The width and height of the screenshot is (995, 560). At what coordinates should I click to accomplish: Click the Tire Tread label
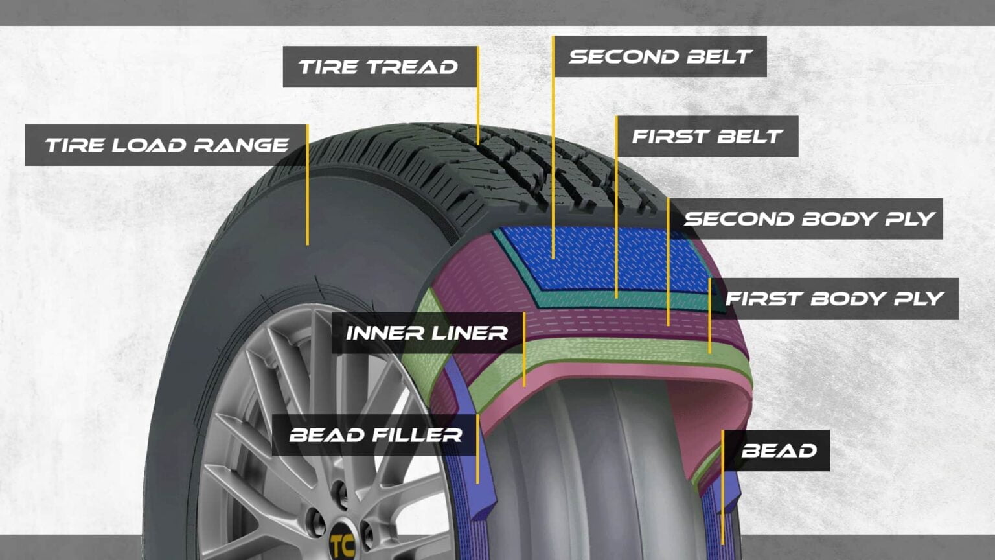[380, 67]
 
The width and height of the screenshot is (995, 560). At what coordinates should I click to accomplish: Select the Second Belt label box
[659, 56]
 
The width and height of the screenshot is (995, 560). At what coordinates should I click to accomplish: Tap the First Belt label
[707, 136]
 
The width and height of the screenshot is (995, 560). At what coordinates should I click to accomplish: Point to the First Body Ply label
[834, 298]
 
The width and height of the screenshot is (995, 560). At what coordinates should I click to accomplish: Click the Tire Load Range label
[166, 145]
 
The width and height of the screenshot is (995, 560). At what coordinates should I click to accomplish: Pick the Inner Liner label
[426, 332]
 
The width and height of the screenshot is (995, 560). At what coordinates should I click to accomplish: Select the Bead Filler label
[375, 434]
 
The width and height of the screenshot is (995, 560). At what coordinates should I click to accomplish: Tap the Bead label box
[778, 450]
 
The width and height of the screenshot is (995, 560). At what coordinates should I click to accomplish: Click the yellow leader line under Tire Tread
[478, 110]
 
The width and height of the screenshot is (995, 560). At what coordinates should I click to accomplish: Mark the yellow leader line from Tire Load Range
[307, 201]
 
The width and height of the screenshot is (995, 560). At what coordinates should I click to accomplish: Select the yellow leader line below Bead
[722, 506]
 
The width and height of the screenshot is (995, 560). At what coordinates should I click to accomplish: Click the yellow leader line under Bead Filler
[477, 467]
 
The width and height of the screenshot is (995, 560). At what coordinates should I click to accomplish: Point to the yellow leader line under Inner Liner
[524, 369]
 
